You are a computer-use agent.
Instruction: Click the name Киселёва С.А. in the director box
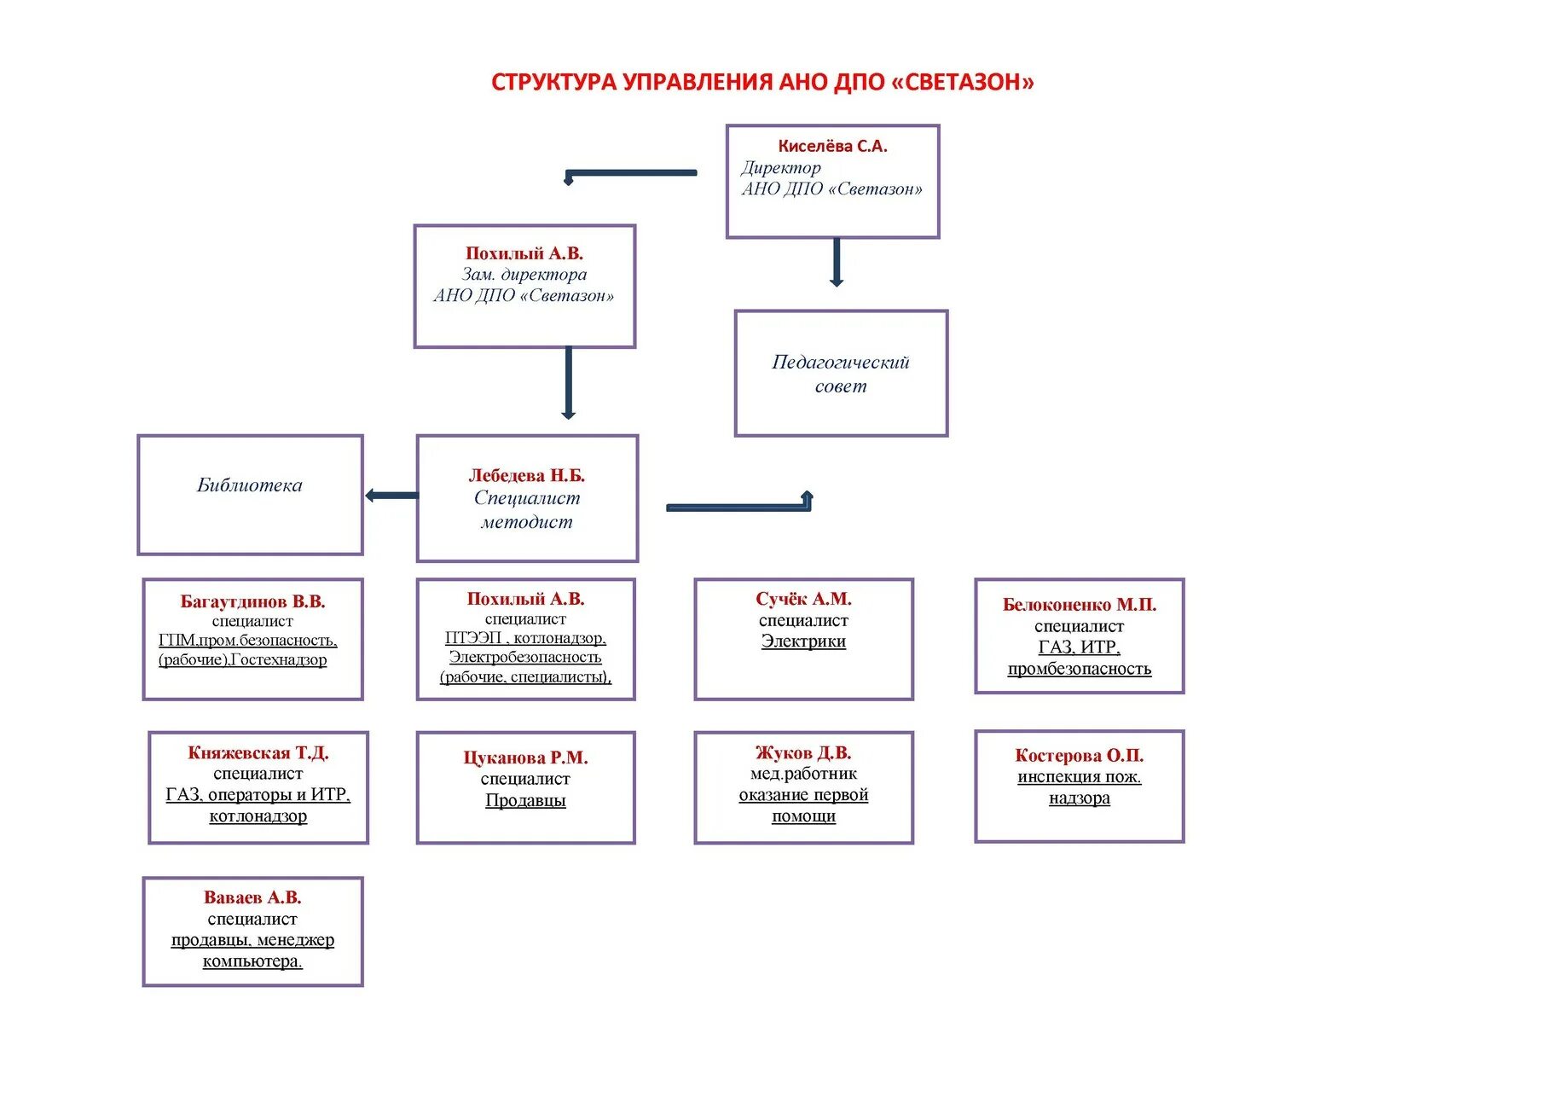832,147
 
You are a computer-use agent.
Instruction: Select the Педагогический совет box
841,374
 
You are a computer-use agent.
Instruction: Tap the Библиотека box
250,495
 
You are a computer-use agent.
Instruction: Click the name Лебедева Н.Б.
526,476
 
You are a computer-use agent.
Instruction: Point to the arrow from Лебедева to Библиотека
391,496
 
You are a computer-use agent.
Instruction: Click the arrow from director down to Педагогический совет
836,262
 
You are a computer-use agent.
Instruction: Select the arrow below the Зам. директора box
568,383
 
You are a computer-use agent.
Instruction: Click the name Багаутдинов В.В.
252,602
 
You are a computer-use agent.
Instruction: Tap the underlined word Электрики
803,641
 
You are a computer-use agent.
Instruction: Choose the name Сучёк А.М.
803,600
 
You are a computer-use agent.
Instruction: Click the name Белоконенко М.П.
1079,605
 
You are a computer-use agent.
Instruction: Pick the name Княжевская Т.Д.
258,753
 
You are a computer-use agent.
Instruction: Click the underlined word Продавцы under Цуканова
525,801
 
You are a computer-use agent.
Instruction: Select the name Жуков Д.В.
803,753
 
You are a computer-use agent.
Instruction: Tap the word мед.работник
803,774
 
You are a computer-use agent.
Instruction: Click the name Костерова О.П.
1079,756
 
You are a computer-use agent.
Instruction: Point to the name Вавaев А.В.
252,898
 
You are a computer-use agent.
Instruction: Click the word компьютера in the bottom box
252,961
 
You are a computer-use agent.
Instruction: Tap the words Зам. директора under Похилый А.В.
524,275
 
